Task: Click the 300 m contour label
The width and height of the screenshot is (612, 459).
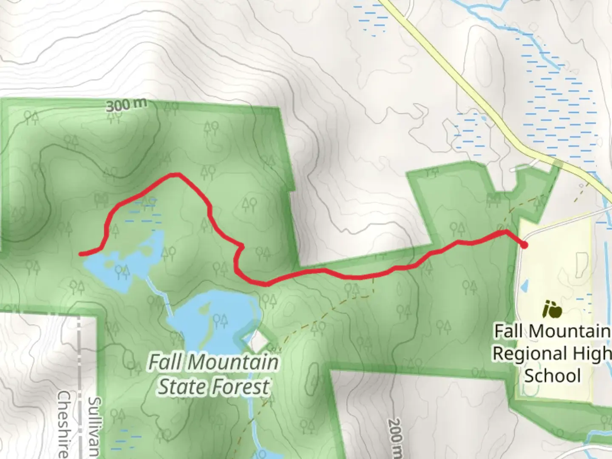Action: (126, 105)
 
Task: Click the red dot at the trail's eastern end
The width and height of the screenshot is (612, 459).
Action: (524, 245)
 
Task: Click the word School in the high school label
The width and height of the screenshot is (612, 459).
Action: (552, 376)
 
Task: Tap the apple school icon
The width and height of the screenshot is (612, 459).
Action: (552, 309)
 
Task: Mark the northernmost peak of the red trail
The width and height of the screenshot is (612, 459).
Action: (175, 174)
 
